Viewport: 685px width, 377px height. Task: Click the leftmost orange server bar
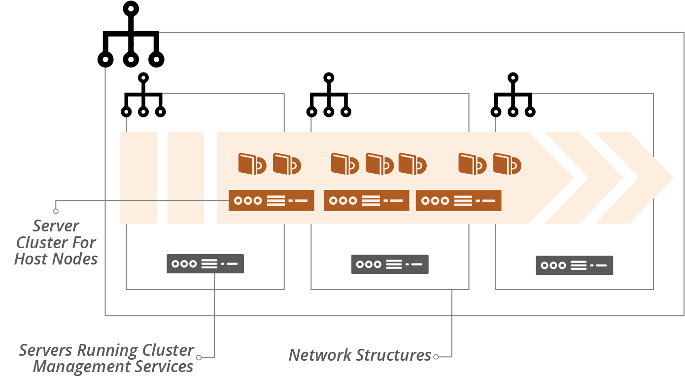click(271, 200)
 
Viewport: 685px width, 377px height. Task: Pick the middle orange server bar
click(366, 200)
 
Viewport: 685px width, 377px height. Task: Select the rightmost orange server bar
click(458, 200)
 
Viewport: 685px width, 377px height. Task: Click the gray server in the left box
click(205, 264)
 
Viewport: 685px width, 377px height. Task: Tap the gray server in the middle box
click(390, 264)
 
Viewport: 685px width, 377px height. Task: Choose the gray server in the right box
click(574, 265)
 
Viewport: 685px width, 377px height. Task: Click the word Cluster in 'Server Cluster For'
click(41, 242)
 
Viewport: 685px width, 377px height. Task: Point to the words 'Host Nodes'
click(56, 259)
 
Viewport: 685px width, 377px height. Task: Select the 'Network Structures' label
click(360, 355)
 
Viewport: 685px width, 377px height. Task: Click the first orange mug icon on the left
click(252, 163)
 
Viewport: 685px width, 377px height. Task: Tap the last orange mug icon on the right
click(507, 163)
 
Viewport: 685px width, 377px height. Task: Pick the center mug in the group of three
click(379, 163)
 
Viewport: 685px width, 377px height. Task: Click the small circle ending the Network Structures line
click(435, 356)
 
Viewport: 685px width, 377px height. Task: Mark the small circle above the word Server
click(56, 211)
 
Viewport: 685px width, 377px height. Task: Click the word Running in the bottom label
click(107, 350)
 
